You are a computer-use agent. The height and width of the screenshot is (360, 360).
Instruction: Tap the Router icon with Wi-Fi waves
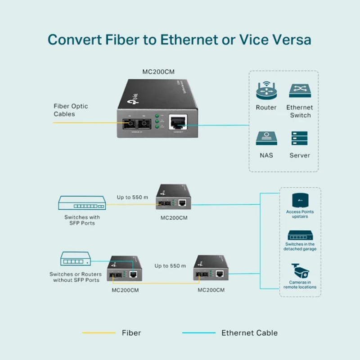pyautogui.click(x=266, y=90)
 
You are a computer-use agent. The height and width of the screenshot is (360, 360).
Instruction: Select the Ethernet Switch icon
pyautogui.click(x=300, y=90)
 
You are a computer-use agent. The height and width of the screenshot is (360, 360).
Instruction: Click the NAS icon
pyautogui.click(x=266, y=138)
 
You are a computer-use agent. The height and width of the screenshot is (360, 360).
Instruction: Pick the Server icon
pyautogui.click(x=300, y=138)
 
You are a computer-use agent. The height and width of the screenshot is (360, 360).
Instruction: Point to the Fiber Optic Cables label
pyautogui.click(x=71, y=110)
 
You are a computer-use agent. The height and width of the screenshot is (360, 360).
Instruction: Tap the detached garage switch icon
pyautogui.click(x=300, y=235)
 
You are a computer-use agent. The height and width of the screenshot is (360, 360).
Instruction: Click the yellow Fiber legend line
pyautogui.click(x=99, y=333)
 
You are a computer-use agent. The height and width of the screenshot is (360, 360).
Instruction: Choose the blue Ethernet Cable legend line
pyautogui.click(x=198, y=333)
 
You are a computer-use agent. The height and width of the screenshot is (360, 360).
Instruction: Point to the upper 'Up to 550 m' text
pyautogui.click(x=132, y=197)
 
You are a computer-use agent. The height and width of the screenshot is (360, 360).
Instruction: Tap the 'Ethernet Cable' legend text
pyautogui.click(x=249, y=333)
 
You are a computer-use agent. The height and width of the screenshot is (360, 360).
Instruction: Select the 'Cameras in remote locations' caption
pyautogui.click(x=300, y=284)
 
